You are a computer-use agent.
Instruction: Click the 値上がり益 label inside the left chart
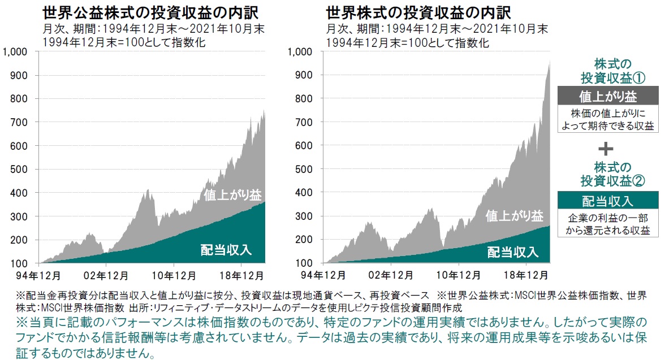(233, 196)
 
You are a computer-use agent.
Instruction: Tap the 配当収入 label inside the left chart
(226, 249)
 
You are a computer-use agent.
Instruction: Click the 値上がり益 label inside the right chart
(515, 215)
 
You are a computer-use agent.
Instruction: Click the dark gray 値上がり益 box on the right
(607, 96)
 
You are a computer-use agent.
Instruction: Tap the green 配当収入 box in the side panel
(607, 201)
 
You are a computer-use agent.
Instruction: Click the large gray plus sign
(606, 149)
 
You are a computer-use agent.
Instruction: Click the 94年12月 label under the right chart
(326, 276)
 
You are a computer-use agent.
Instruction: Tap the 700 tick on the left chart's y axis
(26, 122)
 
